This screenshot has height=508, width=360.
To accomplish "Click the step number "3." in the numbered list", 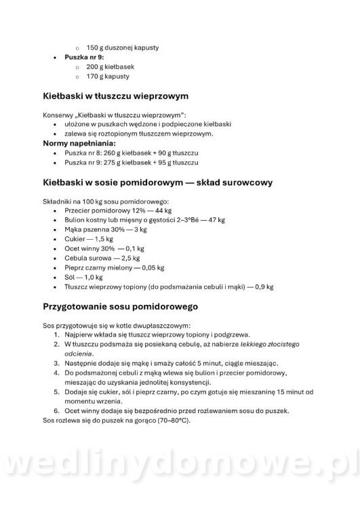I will pos(57,363).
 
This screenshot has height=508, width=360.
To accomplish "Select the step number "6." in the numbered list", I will pos(57,410).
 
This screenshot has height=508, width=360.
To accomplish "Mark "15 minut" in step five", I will pos(304,391).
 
